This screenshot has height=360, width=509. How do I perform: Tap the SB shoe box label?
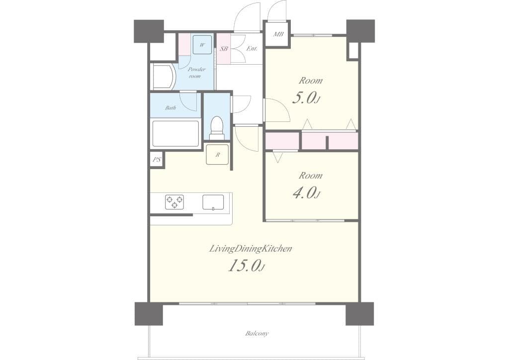(224, 49)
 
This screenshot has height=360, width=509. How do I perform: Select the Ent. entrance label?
(252, 49)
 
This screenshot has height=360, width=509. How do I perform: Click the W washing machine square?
(202, 45)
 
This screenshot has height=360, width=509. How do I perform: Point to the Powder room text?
(196, 73)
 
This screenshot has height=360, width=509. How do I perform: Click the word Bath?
(170, 107)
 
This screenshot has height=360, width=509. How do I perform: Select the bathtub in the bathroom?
(175, 133)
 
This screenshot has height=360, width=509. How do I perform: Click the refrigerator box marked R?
(217, 154)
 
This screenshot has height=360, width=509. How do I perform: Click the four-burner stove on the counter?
(174, 201)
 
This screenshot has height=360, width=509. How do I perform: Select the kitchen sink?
(213, 202)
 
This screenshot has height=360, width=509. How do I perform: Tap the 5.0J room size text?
(306, 98)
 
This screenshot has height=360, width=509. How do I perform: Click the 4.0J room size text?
(306, 192)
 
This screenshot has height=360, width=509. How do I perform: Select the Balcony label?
(257, 333)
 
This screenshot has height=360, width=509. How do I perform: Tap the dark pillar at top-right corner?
(360, 30)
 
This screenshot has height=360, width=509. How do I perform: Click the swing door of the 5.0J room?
(276, 110)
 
